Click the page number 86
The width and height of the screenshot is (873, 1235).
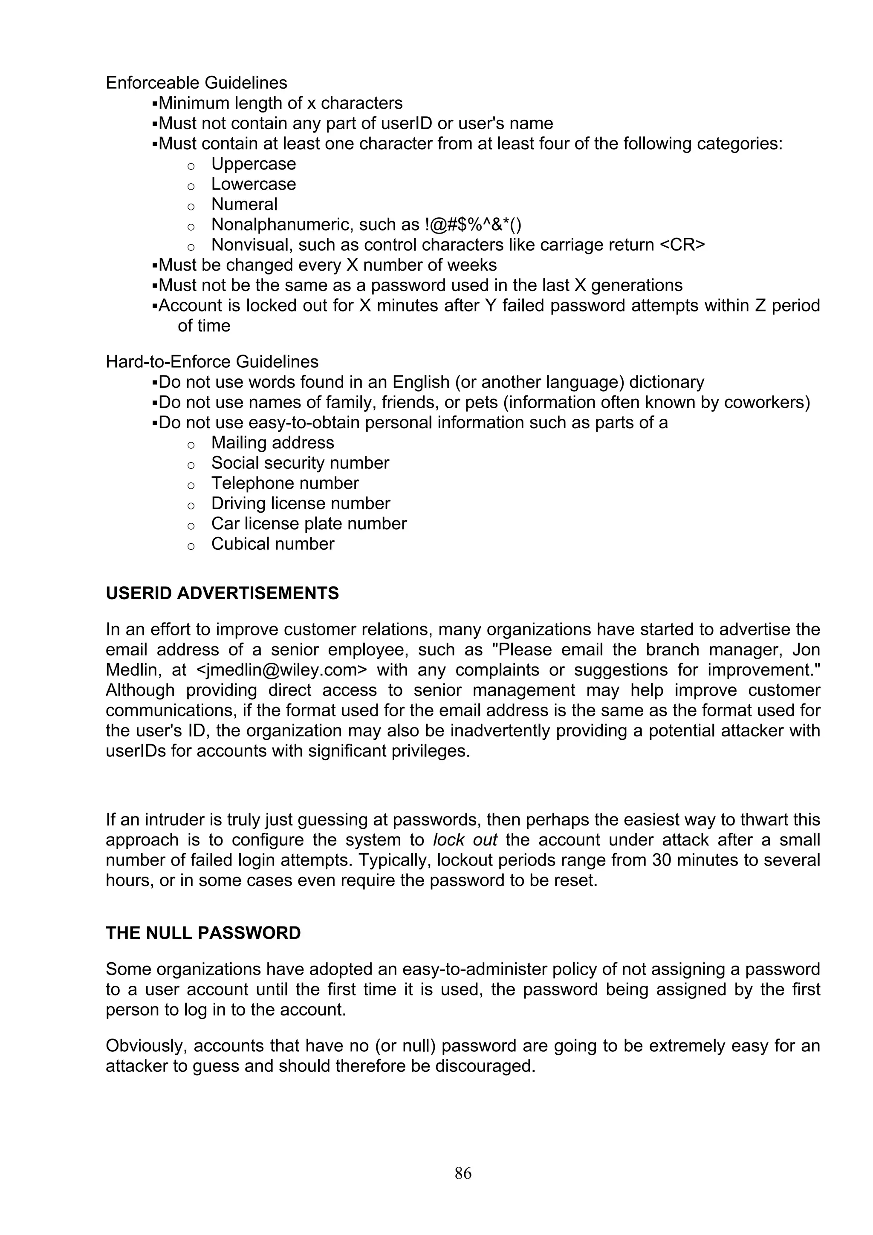[463, 1173]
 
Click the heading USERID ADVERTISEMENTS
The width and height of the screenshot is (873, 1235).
[222, 593]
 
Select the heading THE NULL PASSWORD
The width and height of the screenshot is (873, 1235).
[203, 933]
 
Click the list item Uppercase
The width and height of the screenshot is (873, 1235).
[253, 164]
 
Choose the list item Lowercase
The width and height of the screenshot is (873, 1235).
[253, 184]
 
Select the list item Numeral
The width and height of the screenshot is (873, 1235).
[244, 205]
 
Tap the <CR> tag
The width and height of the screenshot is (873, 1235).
[682, 245]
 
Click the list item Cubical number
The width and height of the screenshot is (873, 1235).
[272, 544]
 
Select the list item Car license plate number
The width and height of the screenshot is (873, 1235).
[309, 524]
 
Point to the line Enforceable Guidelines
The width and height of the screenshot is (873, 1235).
[197, 83]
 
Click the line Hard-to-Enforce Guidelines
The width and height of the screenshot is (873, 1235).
[212, 361]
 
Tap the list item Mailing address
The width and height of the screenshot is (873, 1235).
[272, 443]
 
